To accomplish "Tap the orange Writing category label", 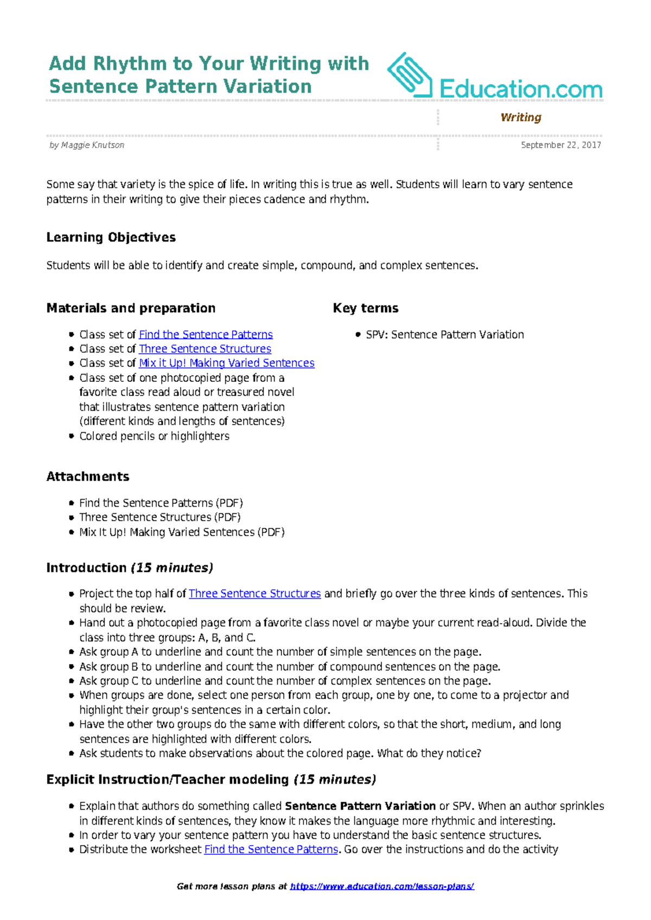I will pos(520,118).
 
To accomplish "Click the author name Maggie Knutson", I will pos(93,145).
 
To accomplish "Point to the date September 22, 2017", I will pos(560,145).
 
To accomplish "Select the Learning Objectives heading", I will pos(111,238).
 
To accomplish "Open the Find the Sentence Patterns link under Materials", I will pos(206,335).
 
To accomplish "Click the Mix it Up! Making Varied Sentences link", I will pos(226,363).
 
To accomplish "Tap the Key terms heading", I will pos(366,308).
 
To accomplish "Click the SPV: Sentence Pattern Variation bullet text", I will pos(445,335).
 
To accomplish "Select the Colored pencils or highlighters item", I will pos(154,436).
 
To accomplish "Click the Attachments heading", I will pos(88,477).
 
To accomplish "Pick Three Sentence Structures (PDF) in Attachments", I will pos(160,517).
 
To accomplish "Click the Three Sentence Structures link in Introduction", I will pos(254,593).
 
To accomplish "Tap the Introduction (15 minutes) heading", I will pos(129,568).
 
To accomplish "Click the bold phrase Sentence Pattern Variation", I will pos(360,806).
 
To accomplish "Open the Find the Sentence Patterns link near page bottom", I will pos(271,849).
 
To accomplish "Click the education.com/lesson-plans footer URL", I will pos(382,886).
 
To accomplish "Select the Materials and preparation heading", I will pos(131,308).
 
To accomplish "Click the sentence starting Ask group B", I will pos(290,667).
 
